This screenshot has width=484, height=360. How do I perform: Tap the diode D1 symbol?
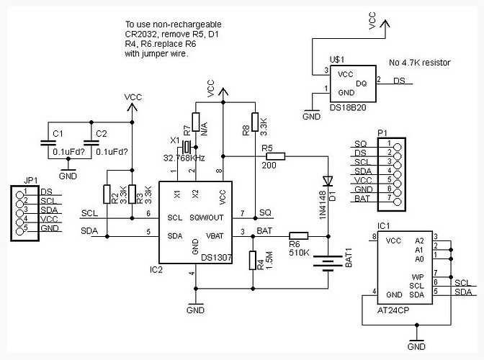click(x=328, y=181)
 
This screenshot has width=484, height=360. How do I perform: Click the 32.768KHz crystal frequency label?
click(x=185, y=157)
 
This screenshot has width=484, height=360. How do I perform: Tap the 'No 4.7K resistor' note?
click(x=420, y=63)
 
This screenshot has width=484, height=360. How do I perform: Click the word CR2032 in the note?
click(x=140, y=34)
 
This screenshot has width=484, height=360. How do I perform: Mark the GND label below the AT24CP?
click(x=416, y=347)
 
